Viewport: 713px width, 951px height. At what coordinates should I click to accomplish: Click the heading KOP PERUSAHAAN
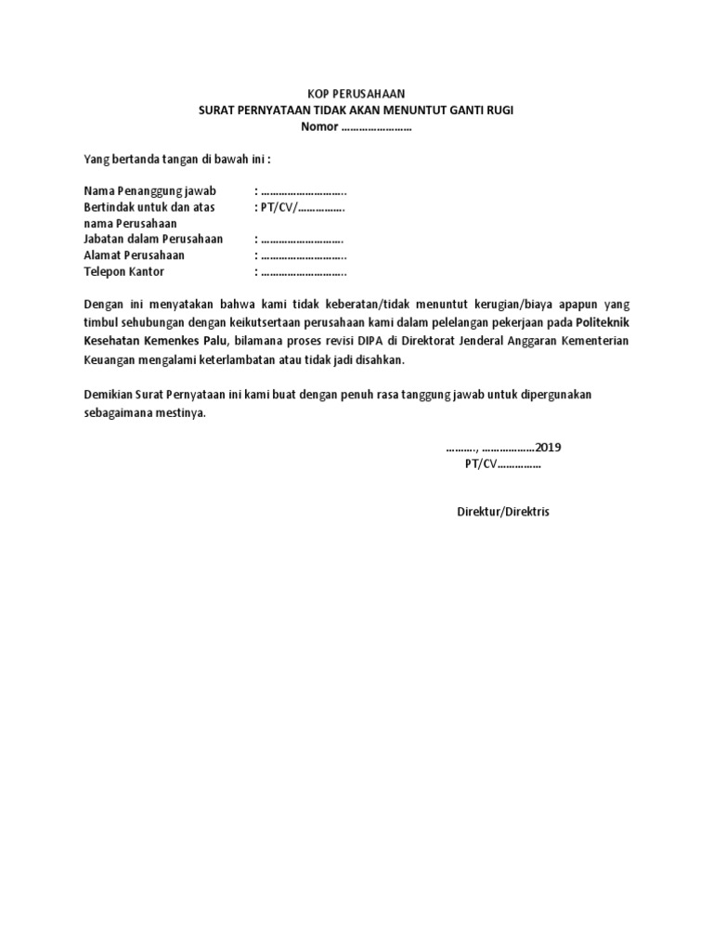356,94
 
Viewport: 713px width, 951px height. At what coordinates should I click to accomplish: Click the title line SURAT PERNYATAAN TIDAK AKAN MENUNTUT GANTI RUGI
356,111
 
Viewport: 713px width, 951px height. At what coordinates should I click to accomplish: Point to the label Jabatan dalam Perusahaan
153,240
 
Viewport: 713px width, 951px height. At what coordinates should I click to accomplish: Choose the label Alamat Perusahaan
134,255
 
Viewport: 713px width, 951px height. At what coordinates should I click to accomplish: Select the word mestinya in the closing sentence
175,412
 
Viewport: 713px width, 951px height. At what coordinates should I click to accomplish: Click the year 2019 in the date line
548,448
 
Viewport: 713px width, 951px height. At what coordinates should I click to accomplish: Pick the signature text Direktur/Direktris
502,512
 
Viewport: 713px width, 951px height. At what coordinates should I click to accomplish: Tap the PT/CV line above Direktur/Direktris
502,463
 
